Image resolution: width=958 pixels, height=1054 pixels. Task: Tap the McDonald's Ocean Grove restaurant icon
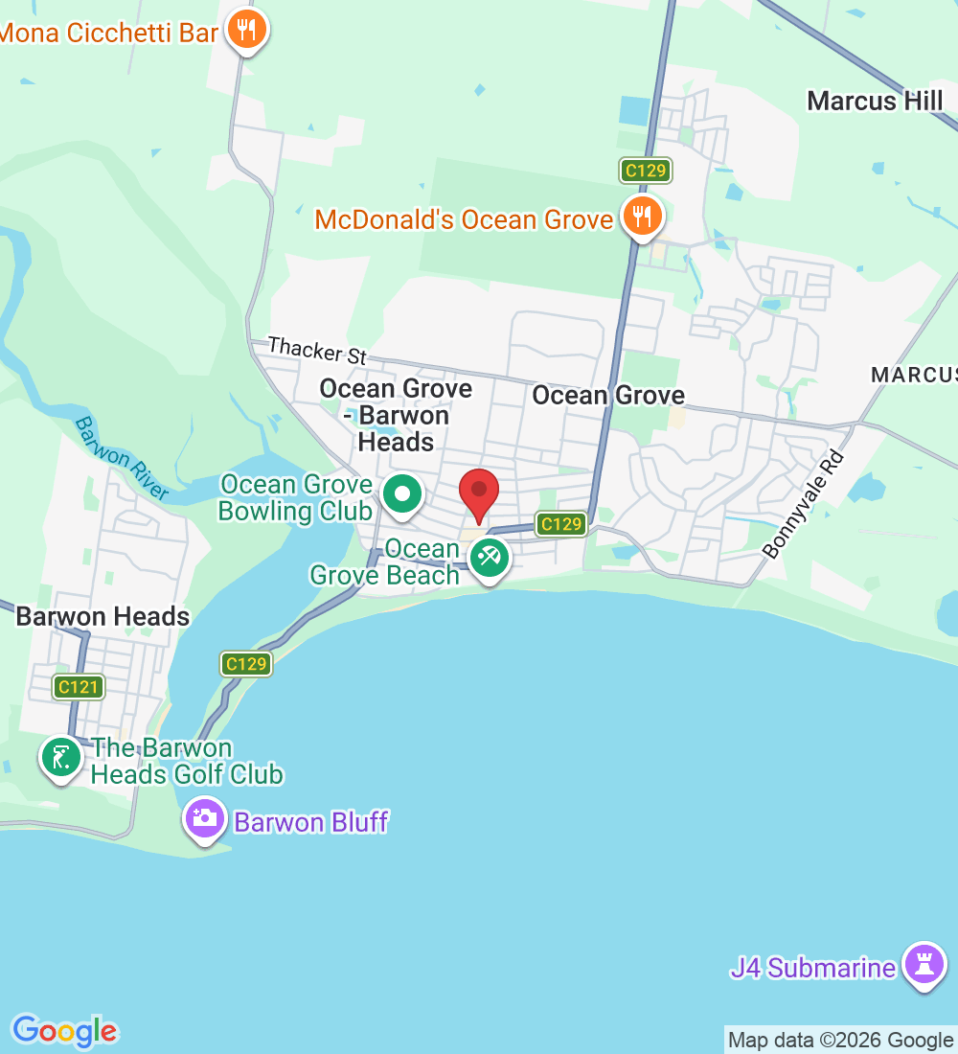click(641, 218)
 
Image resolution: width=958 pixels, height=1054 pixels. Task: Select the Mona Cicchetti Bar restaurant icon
click(247, 31)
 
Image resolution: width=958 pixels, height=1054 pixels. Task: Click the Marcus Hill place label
click(875, 101)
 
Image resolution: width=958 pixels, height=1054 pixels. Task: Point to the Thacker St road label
click(317, 350)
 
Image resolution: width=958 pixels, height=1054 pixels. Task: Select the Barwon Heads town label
click(103, 616)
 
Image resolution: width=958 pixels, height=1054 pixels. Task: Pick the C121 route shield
click(79, 686)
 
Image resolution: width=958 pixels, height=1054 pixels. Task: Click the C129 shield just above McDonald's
click(645, 171)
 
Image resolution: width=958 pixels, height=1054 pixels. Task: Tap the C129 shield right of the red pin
click(560, 523)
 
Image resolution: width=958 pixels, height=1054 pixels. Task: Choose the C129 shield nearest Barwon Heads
click(246, 663)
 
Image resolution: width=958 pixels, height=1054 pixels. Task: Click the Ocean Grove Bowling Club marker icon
click(402, 495)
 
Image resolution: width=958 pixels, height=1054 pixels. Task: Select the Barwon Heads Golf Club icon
click(61, 758)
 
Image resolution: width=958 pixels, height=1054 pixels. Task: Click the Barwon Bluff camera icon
click(204, 819)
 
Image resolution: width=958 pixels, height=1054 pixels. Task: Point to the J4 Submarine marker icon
click(924, 965)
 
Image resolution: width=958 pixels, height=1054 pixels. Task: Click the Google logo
click(64, 1031)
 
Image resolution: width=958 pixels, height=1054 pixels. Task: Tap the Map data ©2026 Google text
click(840, 1041)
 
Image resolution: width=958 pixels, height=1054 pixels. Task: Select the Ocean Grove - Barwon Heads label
click(396, 415)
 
